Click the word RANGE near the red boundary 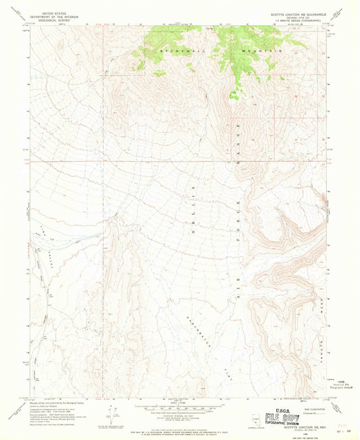238,155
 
